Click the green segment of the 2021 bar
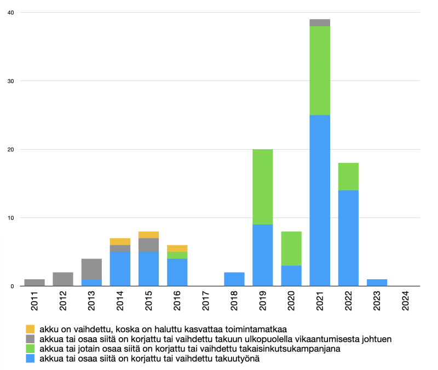[320, 71]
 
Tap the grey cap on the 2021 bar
[320, 22]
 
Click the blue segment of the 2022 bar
[348, 238]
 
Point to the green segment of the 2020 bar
[291, 248]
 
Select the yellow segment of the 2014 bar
[120, 242]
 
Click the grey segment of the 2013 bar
[91, 269]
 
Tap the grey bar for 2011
[34, 283]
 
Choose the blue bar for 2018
[234, 279]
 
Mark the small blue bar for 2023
[377, 283]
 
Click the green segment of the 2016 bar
[177, 255]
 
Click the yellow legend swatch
[31, 329]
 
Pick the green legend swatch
[31, 349]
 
